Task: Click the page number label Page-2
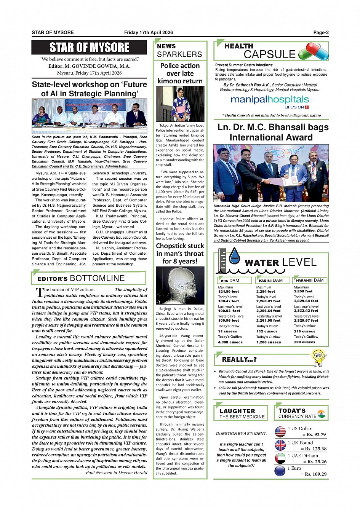(x=321, y=33)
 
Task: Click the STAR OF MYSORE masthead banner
(x=89, y=48)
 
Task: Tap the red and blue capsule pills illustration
(x=313, y=51)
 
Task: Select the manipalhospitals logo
(x=270, y=101)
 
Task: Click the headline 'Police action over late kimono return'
(x=180, y=73)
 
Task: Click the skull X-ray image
(x=180, y=285)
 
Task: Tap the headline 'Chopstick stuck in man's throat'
(x=180, y=254)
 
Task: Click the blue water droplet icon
(x=234, y=256)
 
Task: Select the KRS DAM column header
(x=230, y=281)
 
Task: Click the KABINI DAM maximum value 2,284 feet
(x=266, y=292)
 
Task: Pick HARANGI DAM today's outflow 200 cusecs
(x=304, y=342)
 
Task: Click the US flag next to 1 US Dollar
(x=280, y=432)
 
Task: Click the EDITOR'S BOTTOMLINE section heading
(x=81, y=278)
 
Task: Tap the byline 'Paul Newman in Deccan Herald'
(x=116, y=472)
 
